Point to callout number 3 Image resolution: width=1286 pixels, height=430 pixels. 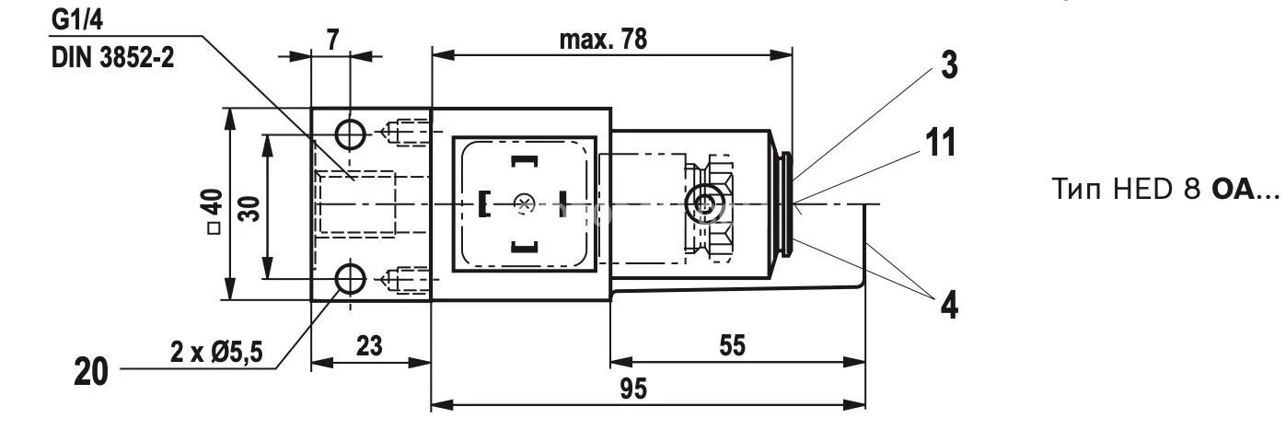coord(947,64)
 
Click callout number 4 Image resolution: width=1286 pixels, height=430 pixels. coord(947,305)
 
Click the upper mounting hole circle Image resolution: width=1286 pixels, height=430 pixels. coord(350,134)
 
